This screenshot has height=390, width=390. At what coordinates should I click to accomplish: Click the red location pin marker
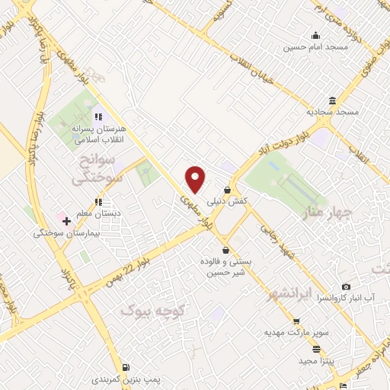pos(196,178)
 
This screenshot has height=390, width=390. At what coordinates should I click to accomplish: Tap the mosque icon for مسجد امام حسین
pos(315,35)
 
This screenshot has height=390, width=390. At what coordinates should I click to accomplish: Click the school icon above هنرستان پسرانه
pos(97,117)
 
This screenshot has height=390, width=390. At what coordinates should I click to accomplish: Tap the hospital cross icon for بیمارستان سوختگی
pos(67,222)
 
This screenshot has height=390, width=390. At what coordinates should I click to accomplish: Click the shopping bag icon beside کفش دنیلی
pos(227,190)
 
